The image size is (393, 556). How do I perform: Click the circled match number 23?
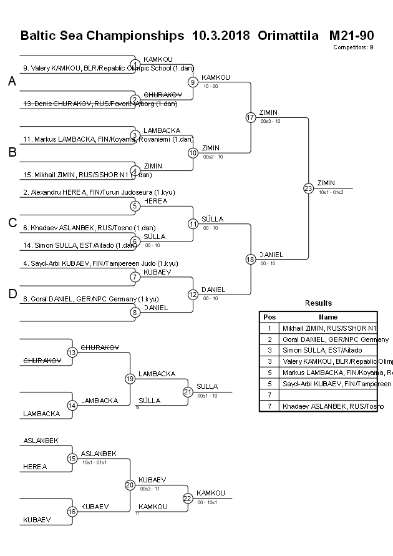pyautogui.click(x=308, y=188)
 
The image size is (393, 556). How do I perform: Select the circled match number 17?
pyautogui.click(x=251, y=117)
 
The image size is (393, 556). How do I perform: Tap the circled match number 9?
pyautogui.click(x=193, y=82)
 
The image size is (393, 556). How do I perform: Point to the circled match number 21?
pyautogui.click(x=188, y=392)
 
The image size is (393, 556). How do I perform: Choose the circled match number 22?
pyautogui.click(x=188, y=498)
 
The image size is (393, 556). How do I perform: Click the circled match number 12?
pyautogui.click(x=193, y=295)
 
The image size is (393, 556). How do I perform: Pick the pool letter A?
pyautogui.click(x=12, y=81)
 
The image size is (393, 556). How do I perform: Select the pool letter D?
pyautogui.click(x=12, y=294)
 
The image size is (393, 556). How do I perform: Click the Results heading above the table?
pyautogui.click(x=318, y=303)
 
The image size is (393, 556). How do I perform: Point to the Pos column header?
pyautogui.click(x=269, y=316)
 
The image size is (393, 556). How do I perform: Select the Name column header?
pyautogui.click(x=328, y=316)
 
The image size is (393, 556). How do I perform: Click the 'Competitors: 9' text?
pyautogui.click(x=353, y=47)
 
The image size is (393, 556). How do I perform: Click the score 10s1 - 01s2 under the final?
pyautogui.click(x=331, y=192)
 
